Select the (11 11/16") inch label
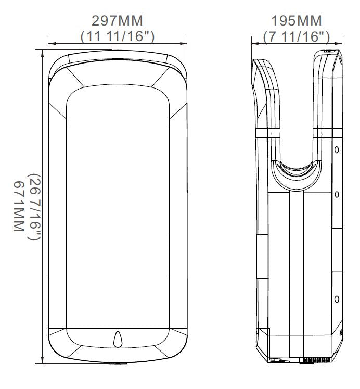[117, 36]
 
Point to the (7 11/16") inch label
[296, 36]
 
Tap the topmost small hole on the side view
[337, 149]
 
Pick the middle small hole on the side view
[337, 194]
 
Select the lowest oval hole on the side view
[337, 299]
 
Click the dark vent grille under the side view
[316, 360]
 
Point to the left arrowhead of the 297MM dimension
[52, 44]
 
